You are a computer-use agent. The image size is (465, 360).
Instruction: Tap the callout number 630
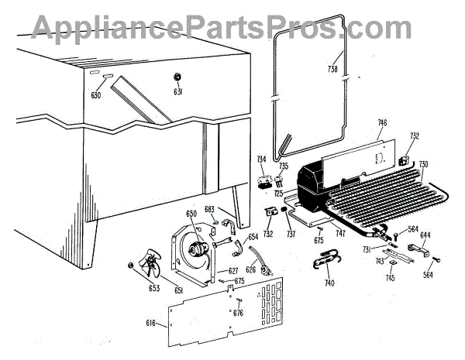(96, 96)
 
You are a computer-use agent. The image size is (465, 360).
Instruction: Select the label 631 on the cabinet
(177, 92)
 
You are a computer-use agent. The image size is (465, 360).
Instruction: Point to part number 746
(382, 122)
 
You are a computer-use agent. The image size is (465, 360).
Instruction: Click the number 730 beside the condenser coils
(423, 164)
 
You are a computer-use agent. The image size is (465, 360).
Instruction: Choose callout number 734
(262, 159)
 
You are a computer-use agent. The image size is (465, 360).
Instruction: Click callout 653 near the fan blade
(154, 288)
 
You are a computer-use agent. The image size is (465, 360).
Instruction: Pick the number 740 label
(330, 284)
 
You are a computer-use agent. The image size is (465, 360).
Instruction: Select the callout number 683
(209, 208)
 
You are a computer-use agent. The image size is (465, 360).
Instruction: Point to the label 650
(191, 214)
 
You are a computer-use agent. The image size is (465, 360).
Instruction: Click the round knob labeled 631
(177, 77)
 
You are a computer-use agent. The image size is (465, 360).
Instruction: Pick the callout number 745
(391, 278)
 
